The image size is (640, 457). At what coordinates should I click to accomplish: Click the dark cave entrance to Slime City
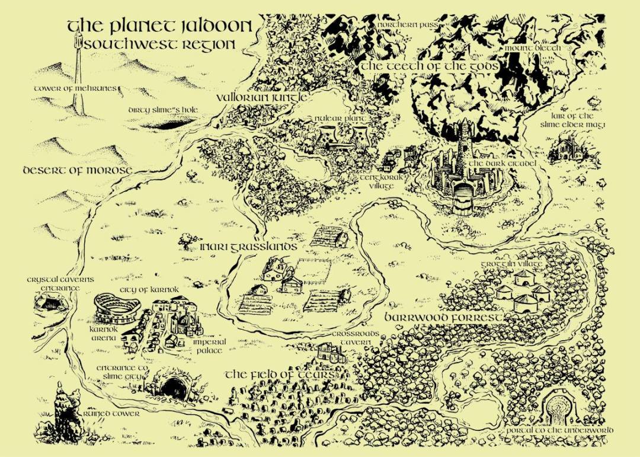click(x=173, y=388)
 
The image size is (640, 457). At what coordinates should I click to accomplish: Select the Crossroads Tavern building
click(x=330, y=353)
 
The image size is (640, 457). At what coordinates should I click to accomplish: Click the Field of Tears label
click(x=281, y=375)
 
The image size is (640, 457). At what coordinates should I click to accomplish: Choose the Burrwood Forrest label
click(x=445, y=318)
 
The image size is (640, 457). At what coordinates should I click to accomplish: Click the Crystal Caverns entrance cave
click(x=50, y=304)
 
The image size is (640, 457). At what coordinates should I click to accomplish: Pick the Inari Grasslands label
click(x=239, y=245)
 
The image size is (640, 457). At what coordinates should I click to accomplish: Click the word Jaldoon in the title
click(x=214, y=27)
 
